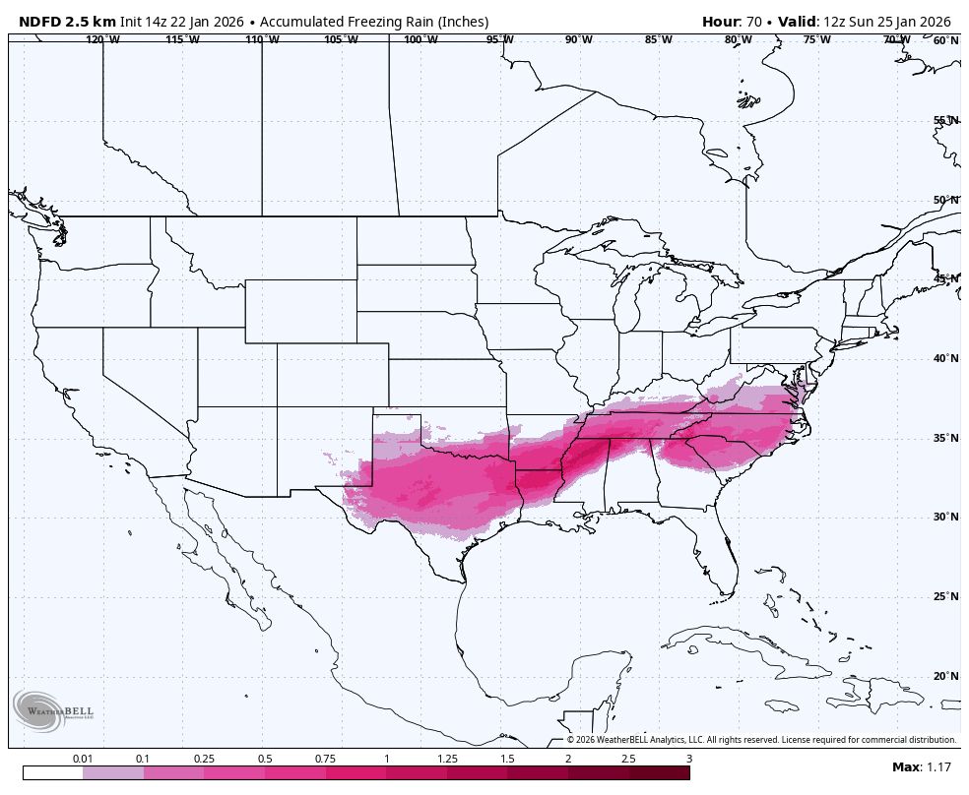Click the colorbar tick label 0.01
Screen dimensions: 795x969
(x=83, y=759)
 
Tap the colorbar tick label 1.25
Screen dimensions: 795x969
(x=447, y=759)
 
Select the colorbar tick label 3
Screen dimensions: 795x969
(x=689, y=759)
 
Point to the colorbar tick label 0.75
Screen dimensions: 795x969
(x=326, y=759)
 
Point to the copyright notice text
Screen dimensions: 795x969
(x=760, y=740)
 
